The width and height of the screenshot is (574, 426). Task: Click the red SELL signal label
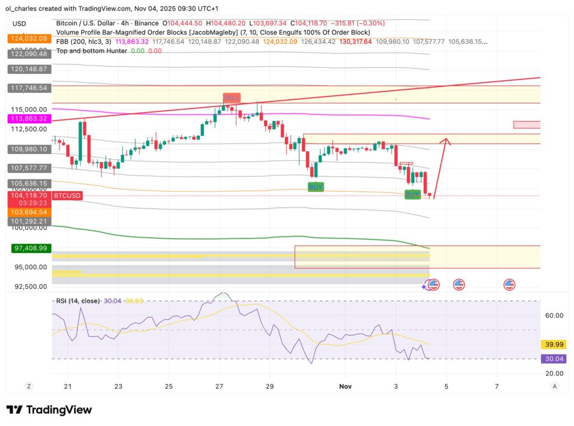[x=232, y=98]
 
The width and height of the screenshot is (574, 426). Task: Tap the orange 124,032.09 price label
[x=27, y=39]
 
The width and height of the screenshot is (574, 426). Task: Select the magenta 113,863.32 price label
[x=27, y=119]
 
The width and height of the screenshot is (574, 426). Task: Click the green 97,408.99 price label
[x=27, y=247]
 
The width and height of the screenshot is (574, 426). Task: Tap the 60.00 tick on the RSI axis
[x=554, y=316]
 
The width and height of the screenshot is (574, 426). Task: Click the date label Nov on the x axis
[x=345, y=387]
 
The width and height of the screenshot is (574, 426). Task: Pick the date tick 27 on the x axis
[x=219, y=387]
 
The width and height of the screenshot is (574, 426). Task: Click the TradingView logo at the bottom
[x=49, y=410]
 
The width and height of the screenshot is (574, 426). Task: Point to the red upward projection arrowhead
[x=446, y=141]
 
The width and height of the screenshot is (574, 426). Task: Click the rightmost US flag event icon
[x=509, y=285]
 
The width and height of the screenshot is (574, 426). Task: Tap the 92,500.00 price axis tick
[x=27, y=286]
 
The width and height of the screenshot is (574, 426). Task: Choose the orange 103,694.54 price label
[x=27, y=213]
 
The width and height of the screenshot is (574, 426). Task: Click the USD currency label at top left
[x=20, y=24]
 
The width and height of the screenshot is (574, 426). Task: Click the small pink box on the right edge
[x=526, y=124]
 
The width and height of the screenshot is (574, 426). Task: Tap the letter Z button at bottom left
[x=27, y=386]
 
